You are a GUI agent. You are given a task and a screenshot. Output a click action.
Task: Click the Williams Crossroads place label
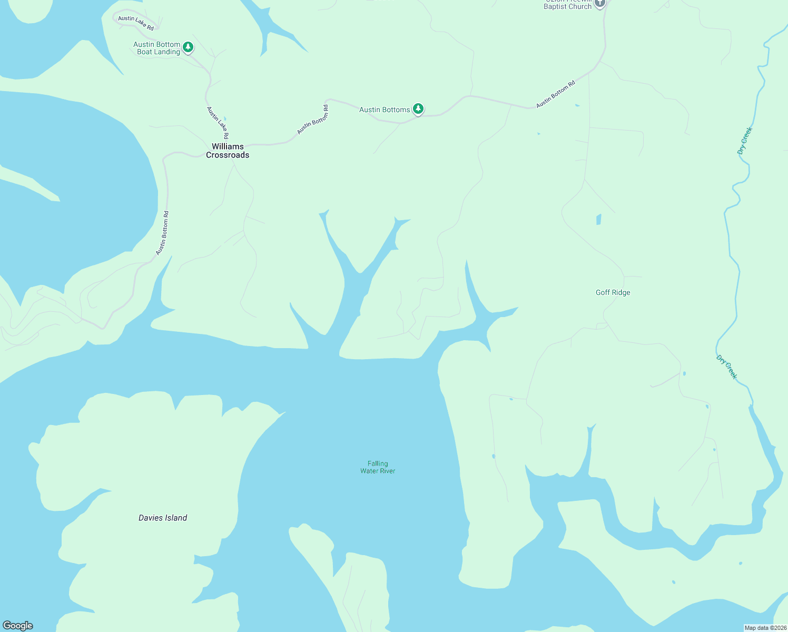(228, 151)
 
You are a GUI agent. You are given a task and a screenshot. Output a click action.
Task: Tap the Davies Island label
(163, 518)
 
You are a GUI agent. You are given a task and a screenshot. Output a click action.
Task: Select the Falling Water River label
(378, 467)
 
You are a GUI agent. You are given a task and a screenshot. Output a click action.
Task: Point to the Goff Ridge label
(613, 292)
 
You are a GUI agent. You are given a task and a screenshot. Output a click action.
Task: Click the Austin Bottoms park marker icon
(418, 109)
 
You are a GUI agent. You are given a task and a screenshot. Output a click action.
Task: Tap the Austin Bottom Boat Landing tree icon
(188, 47)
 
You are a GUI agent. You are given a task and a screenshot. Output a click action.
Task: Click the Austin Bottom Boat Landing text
(157, 48)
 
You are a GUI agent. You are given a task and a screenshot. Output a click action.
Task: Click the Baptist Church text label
(567, 6)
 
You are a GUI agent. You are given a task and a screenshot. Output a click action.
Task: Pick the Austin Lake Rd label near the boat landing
(136, 23)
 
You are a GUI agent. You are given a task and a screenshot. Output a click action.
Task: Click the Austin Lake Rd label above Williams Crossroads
(218, 123)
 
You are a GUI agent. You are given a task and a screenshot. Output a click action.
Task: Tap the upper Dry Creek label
(745, 141)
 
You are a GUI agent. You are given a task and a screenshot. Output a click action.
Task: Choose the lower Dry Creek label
(726, 367)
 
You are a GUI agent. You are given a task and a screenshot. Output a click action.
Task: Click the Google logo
(18, 626)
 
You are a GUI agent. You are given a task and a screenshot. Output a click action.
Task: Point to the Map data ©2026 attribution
(765, 628)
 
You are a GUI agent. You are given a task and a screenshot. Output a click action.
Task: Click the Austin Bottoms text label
(385, 110)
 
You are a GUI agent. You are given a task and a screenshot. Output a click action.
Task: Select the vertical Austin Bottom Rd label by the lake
(162, 233)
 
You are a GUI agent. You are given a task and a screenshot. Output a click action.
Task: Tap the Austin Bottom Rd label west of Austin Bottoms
(313, 120)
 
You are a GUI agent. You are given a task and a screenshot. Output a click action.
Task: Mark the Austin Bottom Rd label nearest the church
(556, 95)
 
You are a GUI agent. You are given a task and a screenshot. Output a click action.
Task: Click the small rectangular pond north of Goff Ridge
(599, 219)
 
